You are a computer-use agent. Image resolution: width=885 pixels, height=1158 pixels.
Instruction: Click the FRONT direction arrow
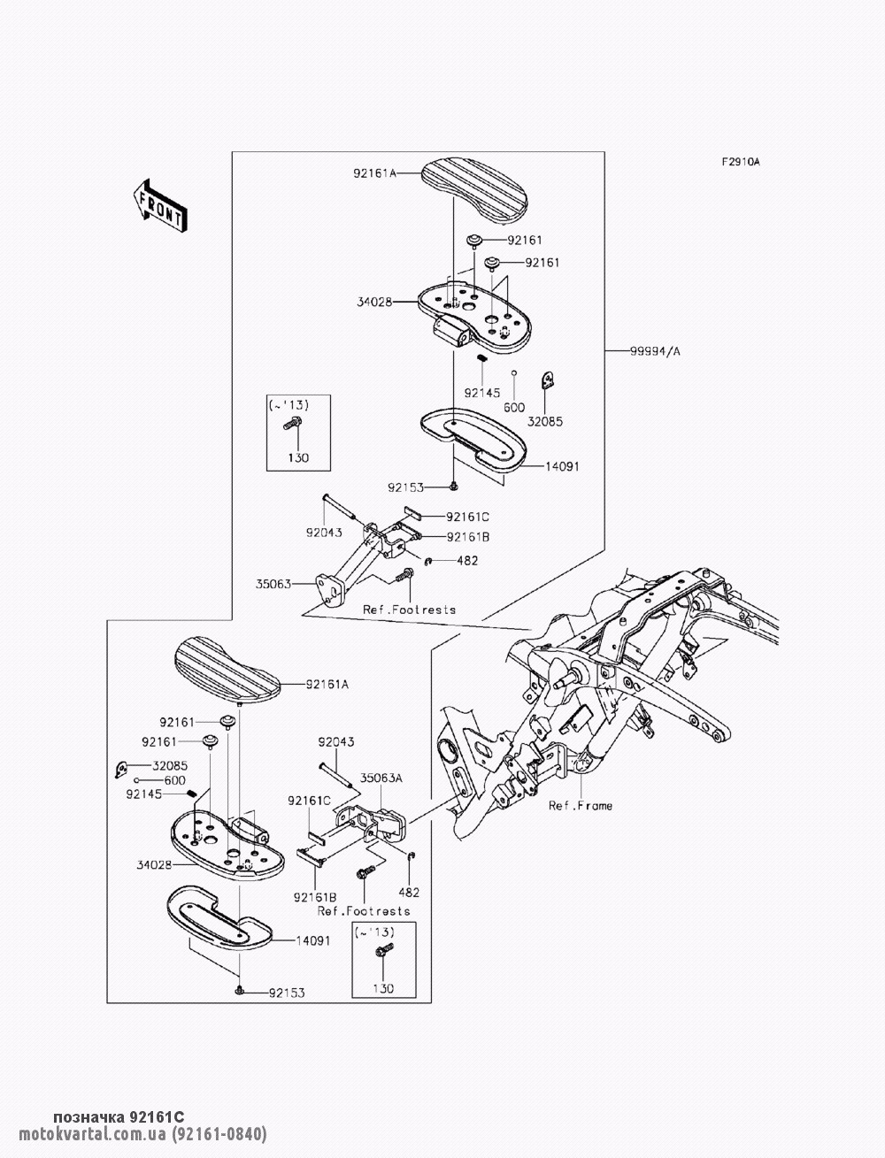pos(159,206)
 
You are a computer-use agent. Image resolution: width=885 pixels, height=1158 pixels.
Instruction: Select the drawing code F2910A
pos(741,162)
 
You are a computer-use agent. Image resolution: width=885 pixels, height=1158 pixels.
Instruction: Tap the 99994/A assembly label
pos(656,351)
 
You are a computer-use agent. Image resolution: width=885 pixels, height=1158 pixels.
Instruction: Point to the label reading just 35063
pos(273,584)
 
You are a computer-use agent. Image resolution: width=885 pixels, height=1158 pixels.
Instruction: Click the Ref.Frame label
pos(580,806)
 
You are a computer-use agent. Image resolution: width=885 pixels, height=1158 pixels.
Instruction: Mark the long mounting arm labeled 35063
pos(354,566)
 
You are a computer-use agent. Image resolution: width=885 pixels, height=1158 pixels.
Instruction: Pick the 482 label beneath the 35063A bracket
pos(409,893)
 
